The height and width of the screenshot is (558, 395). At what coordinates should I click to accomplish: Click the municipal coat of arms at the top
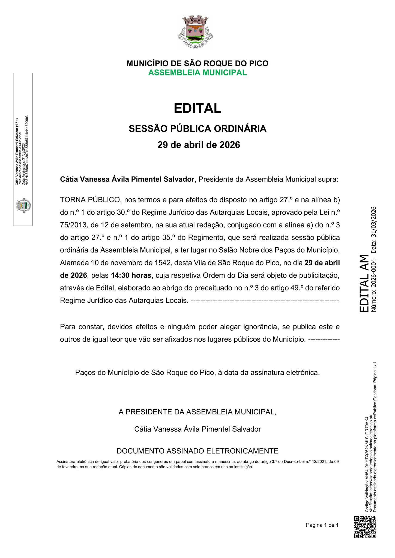click(x=195, y=32)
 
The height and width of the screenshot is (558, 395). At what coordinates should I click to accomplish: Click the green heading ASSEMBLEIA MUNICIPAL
click(x=197, y=73)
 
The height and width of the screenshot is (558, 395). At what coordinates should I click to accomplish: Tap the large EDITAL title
click(x=197, y=108)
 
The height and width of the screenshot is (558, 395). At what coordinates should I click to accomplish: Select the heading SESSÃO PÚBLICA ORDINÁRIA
click(x=197, y=129)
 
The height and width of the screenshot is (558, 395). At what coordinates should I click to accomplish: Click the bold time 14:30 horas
click(x=131, y=275)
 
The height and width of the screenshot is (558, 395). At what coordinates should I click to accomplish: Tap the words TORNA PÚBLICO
click(x=90, y=200)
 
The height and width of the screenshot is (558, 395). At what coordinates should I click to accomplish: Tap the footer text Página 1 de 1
click(x=322, y=525)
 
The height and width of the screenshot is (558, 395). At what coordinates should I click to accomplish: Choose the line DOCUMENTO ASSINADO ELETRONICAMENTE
click(x=197, y=451)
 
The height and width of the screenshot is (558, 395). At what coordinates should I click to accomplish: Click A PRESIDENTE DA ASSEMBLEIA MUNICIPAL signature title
click(x=197, y=412)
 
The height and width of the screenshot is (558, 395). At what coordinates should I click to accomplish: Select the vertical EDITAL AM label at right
click(x=364, y=283)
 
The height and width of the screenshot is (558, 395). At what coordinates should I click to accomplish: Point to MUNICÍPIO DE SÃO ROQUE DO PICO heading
click(x=197, y=63)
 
